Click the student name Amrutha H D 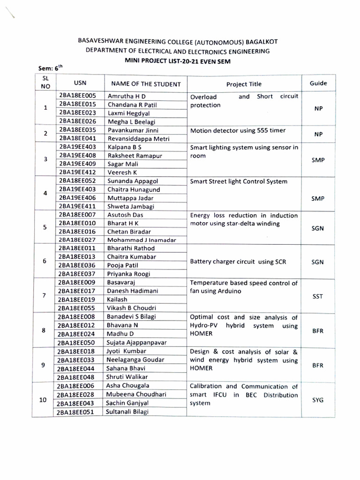coord(127,96)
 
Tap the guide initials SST coord(318,296)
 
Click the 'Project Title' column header coord(244,84)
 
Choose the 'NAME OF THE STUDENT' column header coord(145,84)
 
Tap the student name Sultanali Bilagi coord(128,412)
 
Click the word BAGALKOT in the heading coord(253,41)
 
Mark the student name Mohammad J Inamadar coord(142,240)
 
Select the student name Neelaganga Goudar coord(135,360)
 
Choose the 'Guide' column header coord(318,83)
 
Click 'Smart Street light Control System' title coord(239,181)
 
